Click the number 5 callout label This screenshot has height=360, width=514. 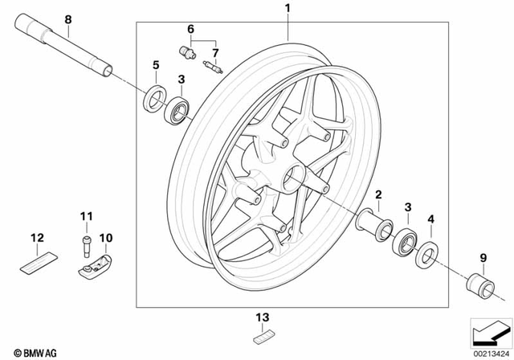click(156, 63)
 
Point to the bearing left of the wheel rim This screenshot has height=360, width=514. click(176, 109)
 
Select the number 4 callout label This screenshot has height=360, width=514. click(431, 219)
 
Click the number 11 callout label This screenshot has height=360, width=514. click(85, 217)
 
